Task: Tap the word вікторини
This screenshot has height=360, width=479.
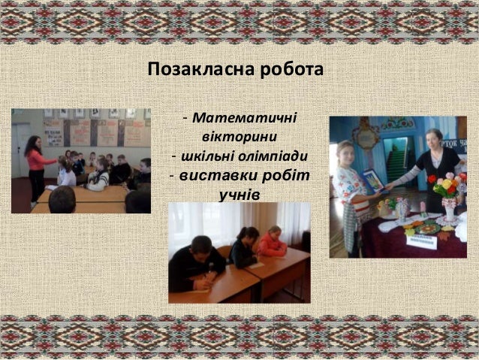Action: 239,138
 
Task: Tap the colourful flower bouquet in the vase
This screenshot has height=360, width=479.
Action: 448,188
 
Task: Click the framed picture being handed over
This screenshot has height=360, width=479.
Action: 373,181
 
